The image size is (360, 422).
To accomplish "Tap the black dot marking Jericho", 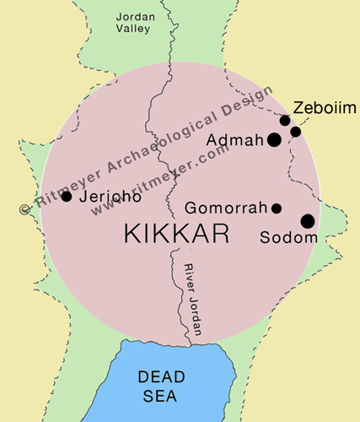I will pos(67,197).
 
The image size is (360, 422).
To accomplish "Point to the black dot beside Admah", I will pos(274,139).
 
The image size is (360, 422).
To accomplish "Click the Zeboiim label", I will pos(325,108).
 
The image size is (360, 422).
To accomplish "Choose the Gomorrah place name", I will pos(225,208).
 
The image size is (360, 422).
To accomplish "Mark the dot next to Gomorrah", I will pos(277,208).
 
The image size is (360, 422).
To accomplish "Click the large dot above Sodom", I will pos(307,221).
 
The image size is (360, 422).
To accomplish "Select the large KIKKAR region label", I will pos(176,235).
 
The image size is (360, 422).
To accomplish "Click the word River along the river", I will pos(189,278).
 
